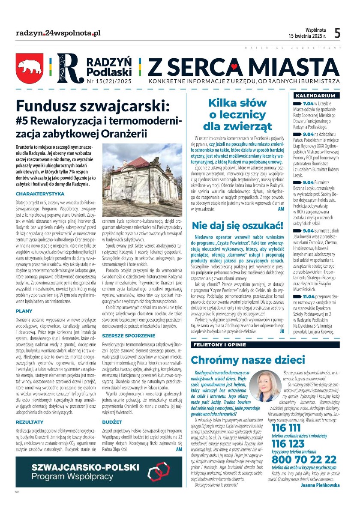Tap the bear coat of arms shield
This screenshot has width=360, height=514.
click(x=30, y=68)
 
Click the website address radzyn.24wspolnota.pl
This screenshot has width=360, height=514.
click(x=58, y=33)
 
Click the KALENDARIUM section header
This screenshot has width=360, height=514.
click(x=315, y=96)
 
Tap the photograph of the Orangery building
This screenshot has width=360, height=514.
click(x=142, y=173)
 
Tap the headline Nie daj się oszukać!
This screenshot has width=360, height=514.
click(x=237, y=225)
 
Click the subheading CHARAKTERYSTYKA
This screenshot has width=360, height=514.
click(x=40, y=194)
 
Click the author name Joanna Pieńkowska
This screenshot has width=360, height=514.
click(x=321, y=485)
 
